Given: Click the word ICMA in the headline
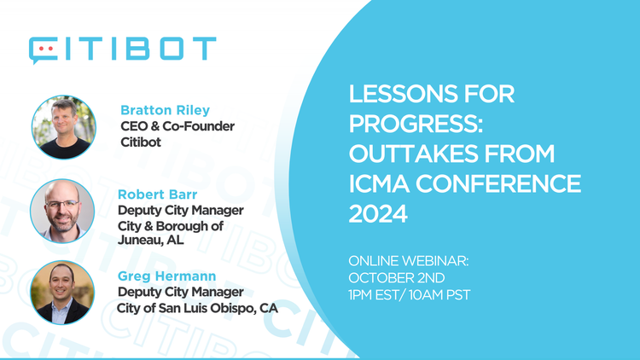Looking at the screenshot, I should coord(376,184).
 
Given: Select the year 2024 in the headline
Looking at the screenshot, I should coord(378,215).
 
